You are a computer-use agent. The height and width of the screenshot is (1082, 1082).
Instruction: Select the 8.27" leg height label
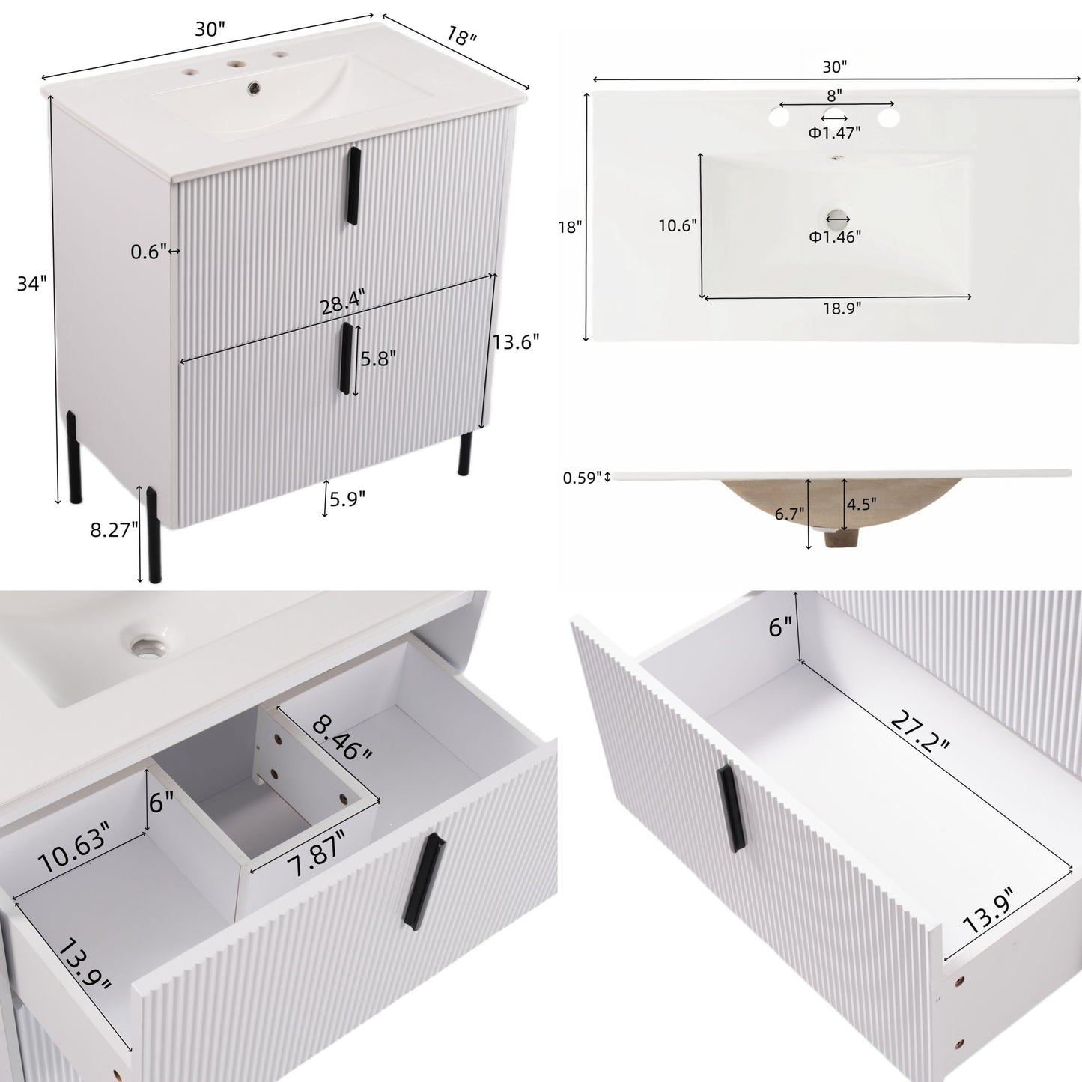114,530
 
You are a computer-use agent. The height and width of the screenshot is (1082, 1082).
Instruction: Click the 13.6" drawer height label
516,342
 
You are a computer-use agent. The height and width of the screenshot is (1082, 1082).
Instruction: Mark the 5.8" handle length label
377,359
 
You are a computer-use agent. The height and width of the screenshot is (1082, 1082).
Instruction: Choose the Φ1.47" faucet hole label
834,133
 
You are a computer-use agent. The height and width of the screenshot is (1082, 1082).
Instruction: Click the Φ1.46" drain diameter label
835,237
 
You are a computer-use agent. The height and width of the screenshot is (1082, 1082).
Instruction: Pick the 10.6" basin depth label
678,225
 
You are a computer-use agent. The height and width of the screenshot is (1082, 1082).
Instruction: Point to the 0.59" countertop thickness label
582,477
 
